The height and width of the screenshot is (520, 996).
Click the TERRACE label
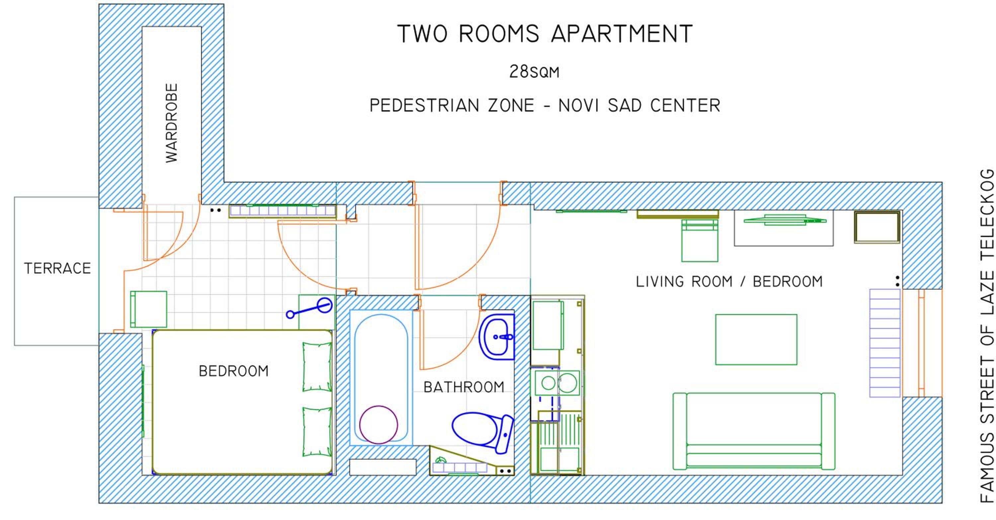click(x=57, y=268)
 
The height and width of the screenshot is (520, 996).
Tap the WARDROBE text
click(x=172, y=123)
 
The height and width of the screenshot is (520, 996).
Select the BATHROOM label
click(x=464, y=387)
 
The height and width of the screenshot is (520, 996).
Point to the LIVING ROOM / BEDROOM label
click(x=729, y=282)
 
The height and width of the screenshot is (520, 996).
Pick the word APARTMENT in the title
click(x=622, y=34)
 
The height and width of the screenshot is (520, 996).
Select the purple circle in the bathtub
click(x=378, y=424)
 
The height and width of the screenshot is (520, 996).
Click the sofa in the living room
click(x=754, y=431)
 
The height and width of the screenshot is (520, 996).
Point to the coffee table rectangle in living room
click(x=756, y=339)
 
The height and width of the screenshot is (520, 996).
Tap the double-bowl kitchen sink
click(x=557, y=383)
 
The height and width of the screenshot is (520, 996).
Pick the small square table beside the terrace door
click(x=148, y=309)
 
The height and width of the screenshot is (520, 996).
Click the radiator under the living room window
click(x=885, y=343)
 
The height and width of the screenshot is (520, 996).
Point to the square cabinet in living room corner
click(x=877, y=227)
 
